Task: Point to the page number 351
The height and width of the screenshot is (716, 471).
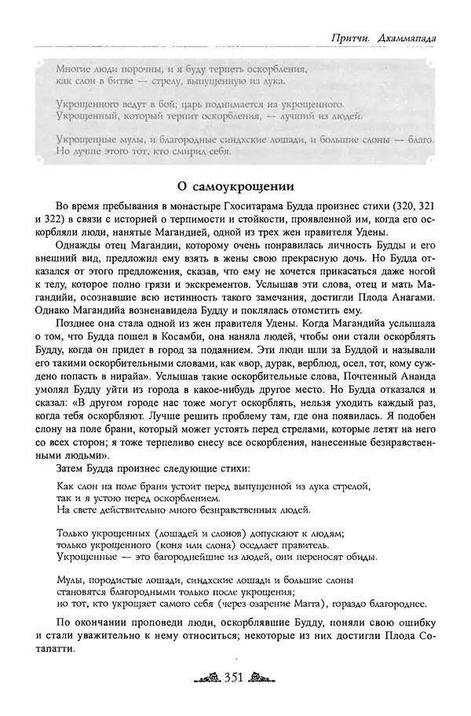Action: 235,678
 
